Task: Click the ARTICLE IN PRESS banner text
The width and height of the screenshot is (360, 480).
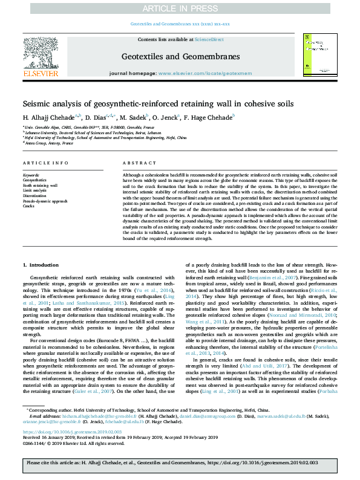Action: [x=180, y=8]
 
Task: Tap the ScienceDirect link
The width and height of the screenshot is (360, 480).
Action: [x=209, y=39]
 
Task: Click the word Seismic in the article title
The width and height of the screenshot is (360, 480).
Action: [x=38, y=104]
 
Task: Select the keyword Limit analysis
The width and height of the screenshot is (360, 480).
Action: [x=35, y=190]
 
